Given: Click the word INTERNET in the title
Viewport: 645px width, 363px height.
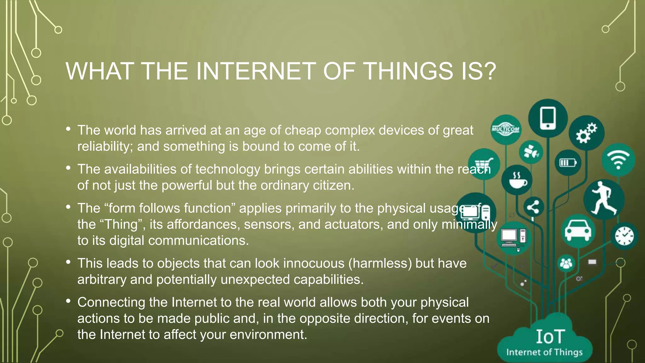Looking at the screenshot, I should click(x=256, y=71).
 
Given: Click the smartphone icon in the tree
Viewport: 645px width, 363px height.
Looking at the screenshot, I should click(x=548, y=118).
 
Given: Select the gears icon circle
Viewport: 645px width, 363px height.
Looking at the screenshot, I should click(x=586, y=133).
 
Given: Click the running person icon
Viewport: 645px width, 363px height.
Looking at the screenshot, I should click(x=603, y=199).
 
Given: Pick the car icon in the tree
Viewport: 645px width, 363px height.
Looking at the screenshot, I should click(x=578, y=231).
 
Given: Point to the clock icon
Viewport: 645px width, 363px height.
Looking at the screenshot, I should click(x=624, y=236).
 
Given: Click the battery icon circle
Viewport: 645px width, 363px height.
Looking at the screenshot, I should click(x=568, y=163).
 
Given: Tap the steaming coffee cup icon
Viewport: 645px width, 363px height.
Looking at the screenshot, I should click(x=517, y=180).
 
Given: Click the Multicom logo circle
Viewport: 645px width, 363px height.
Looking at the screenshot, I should click(x=506, y=130).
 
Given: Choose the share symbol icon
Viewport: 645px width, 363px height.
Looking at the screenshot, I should click(x=533, y=207).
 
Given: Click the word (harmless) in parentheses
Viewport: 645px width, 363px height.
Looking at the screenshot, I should click(x=380, y=263).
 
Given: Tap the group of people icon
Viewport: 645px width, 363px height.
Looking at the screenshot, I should click(x=566, y=263).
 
